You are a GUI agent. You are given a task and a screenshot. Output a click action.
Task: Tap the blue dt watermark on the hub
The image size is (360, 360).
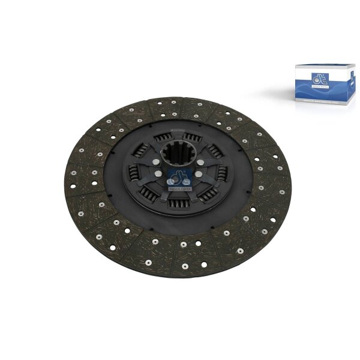[179, 180]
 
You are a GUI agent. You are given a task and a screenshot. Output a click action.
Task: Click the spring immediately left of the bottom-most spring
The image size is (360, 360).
[148, 193]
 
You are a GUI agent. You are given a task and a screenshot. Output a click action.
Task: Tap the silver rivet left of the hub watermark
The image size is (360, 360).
[157, 175]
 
